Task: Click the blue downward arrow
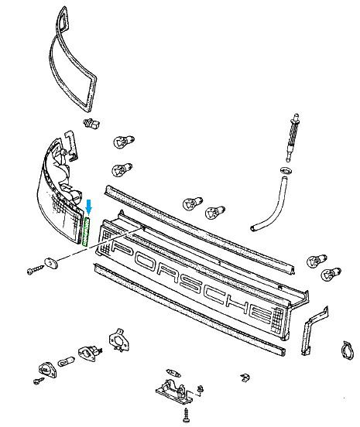point(88,207)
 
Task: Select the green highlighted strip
point(87,231)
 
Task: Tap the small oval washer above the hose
point(286,170)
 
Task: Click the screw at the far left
point(36,270)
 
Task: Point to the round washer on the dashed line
point(51,263)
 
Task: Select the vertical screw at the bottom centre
point(187,415)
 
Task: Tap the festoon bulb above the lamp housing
point(173,373)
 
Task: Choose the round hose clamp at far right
point(348,351)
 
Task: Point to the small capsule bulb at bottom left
point(66,361)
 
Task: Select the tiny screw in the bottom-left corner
point(39,381)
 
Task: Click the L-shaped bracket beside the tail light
point(72,145)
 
